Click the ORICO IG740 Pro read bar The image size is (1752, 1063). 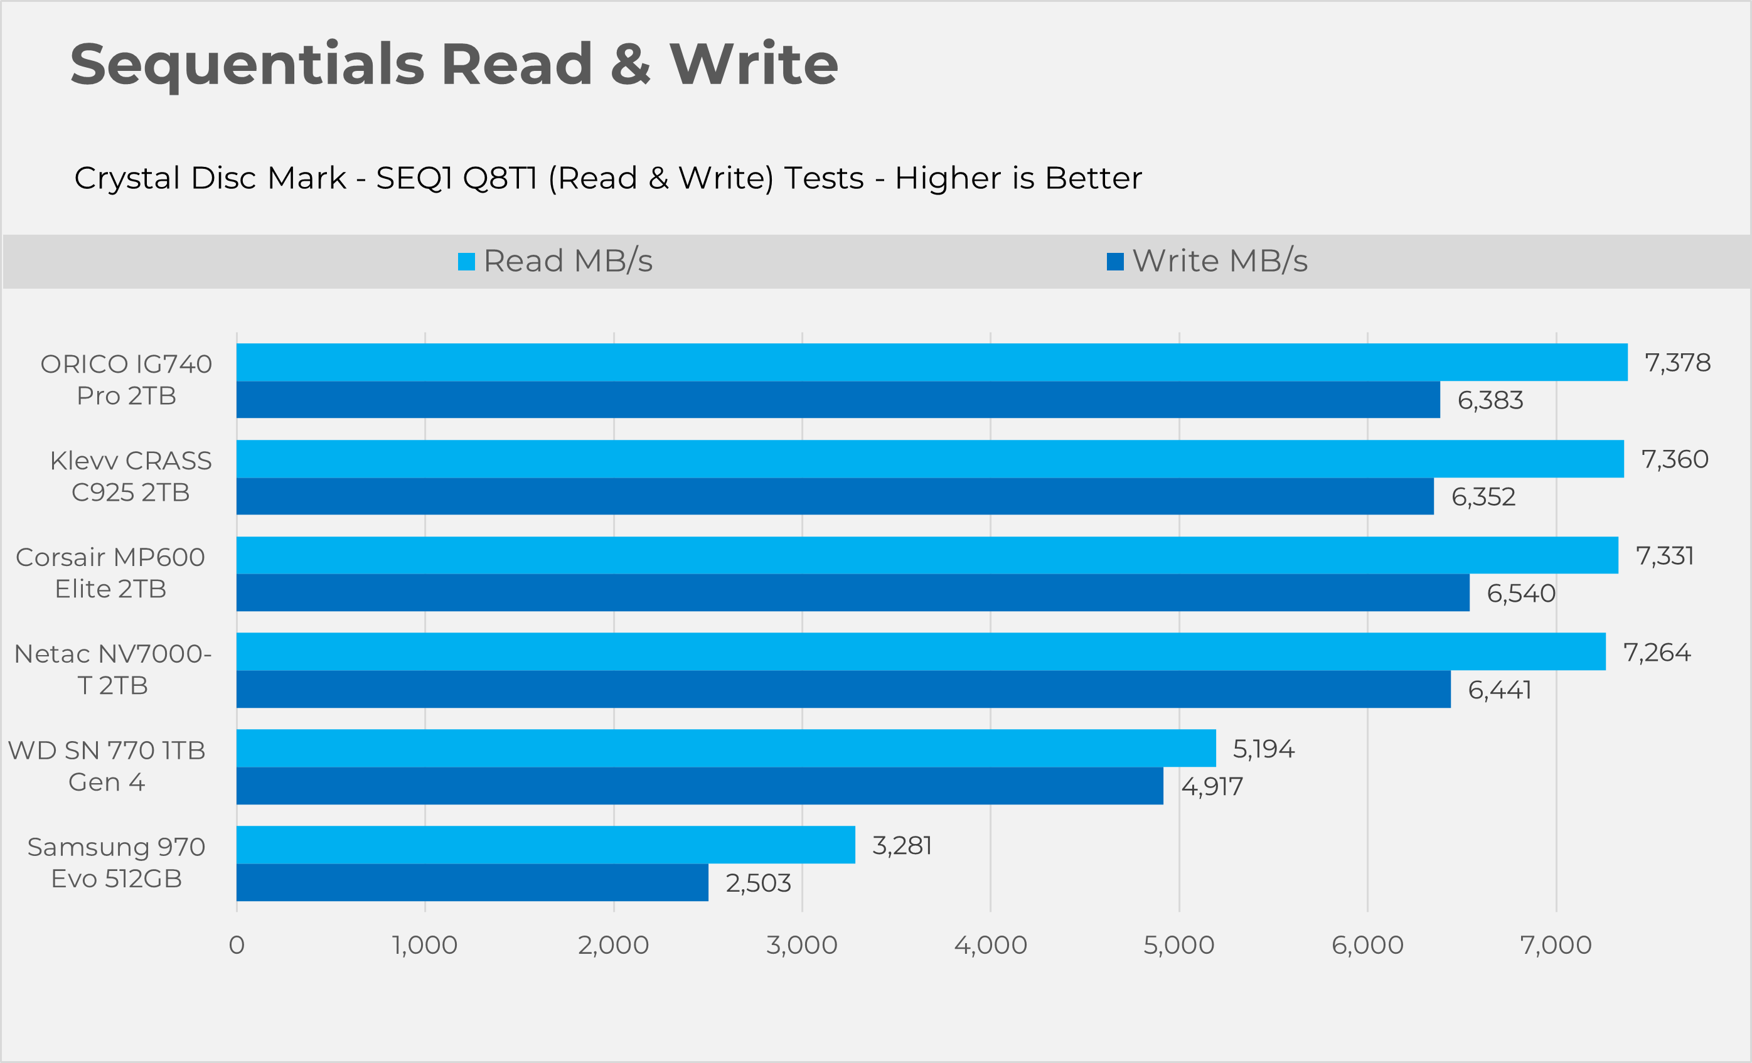931,362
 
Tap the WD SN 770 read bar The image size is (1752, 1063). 726,748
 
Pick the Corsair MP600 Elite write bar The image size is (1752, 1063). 853,592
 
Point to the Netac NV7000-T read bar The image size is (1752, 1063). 921,651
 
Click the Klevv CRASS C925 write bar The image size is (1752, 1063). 835,496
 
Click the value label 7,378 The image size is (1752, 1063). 1677,363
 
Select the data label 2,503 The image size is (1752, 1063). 758,883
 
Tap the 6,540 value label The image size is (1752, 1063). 1521,593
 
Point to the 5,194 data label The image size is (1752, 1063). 1264,749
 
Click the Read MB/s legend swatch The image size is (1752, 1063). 466,262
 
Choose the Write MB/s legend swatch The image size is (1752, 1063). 1115,262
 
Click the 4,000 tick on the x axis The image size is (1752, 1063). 990,945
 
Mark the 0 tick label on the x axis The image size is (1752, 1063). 237,945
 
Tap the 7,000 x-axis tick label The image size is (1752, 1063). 1556,945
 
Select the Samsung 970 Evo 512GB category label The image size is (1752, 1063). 116,862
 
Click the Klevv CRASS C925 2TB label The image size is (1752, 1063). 131,476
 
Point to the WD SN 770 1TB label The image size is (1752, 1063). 107,766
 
